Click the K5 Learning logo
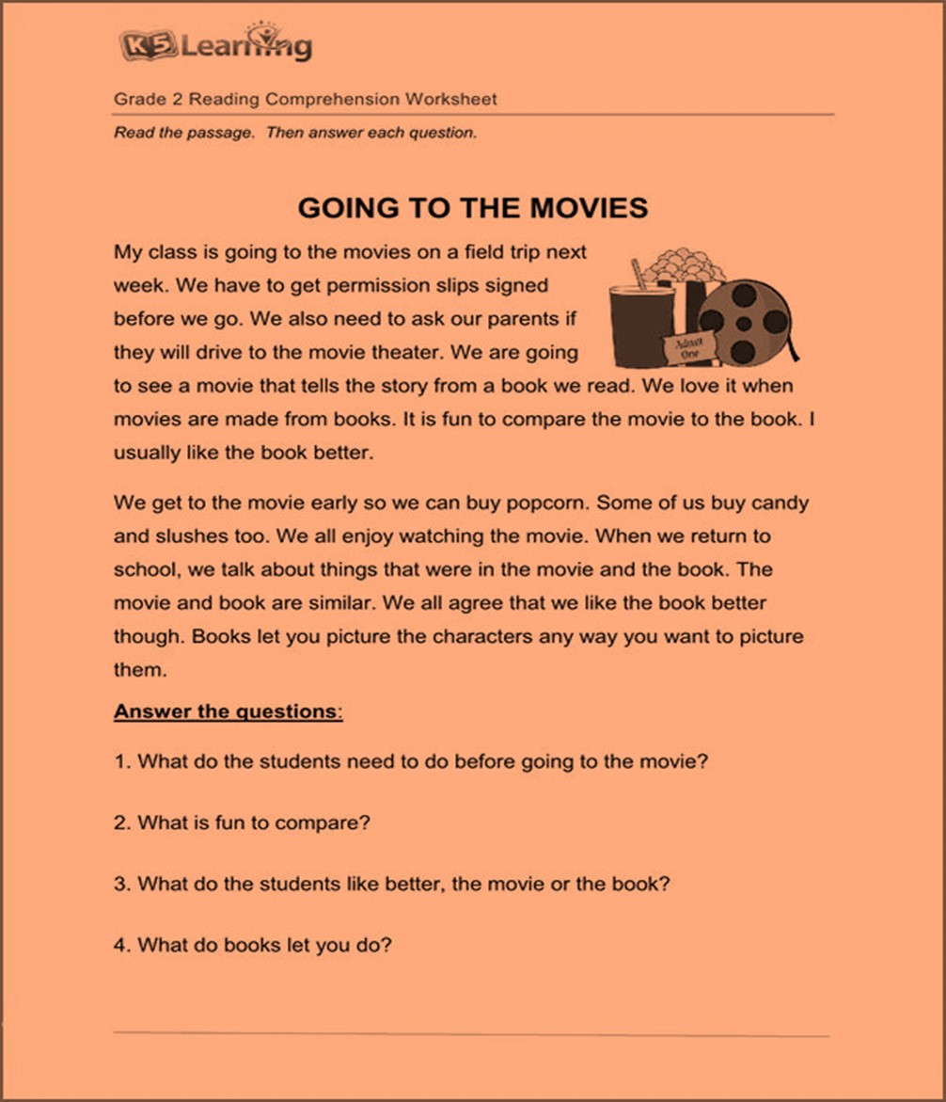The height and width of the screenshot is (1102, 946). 215,44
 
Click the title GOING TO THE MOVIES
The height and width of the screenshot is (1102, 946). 472,207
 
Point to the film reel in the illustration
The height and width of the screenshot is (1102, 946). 747,323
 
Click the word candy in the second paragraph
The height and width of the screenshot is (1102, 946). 780,503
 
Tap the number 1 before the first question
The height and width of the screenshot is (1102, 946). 119,762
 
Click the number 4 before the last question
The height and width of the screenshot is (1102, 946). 120,945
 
